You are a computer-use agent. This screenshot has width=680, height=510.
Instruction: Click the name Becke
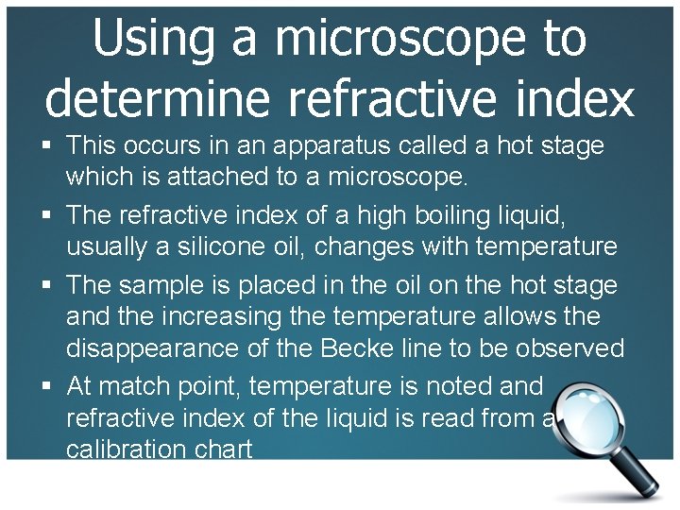359,349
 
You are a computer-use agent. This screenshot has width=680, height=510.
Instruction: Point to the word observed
567,349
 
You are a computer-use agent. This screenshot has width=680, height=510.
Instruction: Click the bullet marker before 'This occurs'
47,146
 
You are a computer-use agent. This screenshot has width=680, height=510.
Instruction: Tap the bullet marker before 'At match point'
47,386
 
